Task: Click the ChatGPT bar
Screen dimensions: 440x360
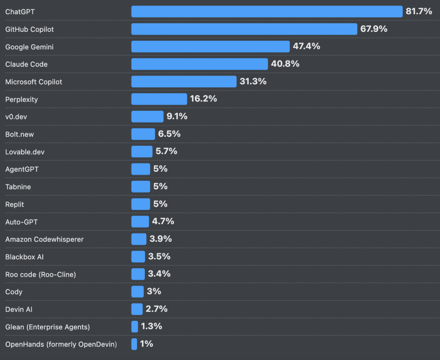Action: tap(267, 11)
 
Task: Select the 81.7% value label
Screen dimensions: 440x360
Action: tap(419, 11)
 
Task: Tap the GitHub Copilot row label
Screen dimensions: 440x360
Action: tap(29, 29)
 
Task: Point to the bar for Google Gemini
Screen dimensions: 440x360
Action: tap(211, 46)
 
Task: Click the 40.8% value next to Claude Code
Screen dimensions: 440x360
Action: tap(285, 64)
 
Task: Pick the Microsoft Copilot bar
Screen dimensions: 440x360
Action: tap(184, 82)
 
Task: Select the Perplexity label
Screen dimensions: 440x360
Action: tap(22, 99)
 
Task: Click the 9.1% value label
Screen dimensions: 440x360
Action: tap(177, 116)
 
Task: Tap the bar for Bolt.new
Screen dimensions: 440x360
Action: tap(143, 134)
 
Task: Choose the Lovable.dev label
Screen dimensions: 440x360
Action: tap(25, 152)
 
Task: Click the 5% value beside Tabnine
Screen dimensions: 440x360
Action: tap(160, 186)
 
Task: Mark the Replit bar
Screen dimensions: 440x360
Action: tap(141, 204)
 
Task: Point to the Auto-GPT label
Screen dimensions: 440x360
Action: tap(22, 222)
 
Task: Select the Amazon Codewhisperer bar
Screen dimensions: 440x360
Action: tap(139, 239)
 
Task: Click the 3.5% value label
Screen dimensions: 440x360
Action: tap(159, 256)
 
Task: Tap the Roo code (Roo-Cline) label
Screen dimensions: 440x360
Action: tap(41, 274)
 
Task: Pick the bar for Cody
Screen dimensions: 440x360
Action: tap(138, 292)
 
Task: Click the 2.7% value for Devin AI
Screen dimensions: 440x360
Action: tap(156, 309)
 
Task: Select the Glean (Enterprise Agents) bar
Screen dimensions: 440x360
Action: tap(135, 327)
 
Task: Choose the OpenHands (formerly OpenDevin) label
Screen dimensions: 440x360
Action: tap(61, 344)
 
